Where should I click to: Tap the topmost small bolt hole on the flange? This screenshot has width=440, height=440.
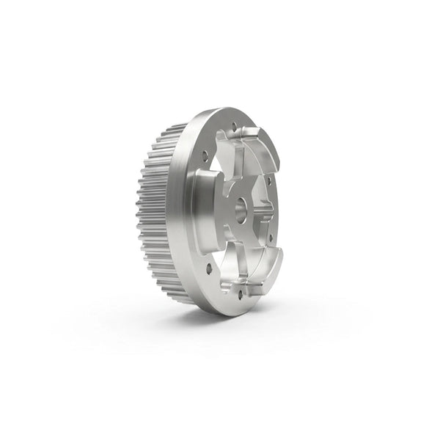coord(234,126)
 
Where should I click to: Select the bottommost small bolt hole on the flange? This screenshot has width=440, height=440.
coord(240,294)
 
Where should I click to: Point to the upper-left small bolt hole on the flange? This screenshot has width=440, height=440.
coord(205,155)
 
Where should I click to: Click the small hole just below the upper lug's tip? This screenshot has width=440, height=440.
coord(268,178)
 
